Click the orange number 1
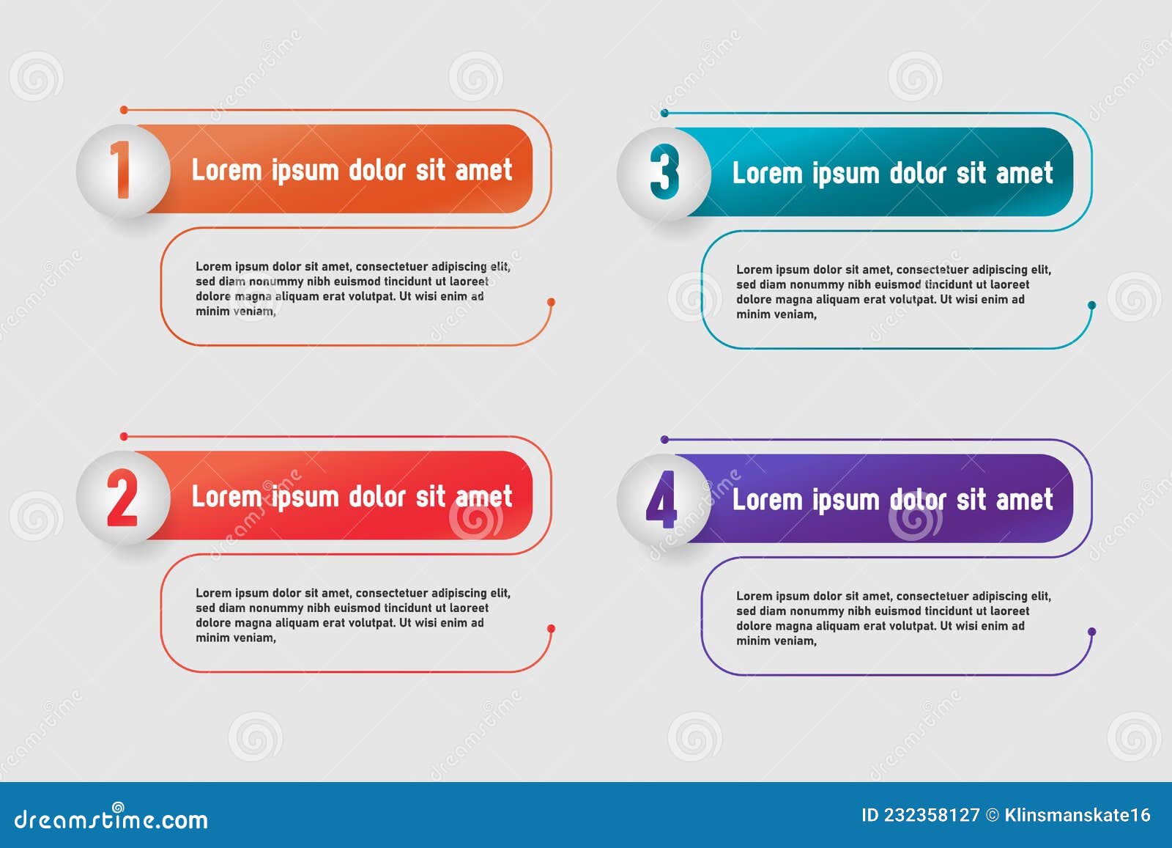(x=121, y=170)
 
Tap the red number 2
(x=122, y=498)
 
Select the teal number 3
(x=664, y=173)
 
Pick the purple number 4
(x=661, y=500)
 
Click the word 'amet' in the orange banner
(x=483, y=170)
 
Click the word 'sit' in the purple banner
(x=971, y=500)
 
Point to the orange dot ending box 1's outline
(x=551, y=302)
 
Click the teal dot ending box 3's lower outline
(x=1091, y=305)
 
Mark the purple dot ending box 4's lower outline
(x=1091, y=632)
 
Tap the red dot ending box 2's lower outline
(x=551, y=629)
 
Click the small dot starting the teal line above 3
(x=664, y=113)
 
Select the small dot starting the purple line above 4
(x=664, y=440)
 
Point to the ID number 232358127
(x=931, y=815)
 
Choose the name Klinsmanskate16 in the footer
(x=1078, y=815)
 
